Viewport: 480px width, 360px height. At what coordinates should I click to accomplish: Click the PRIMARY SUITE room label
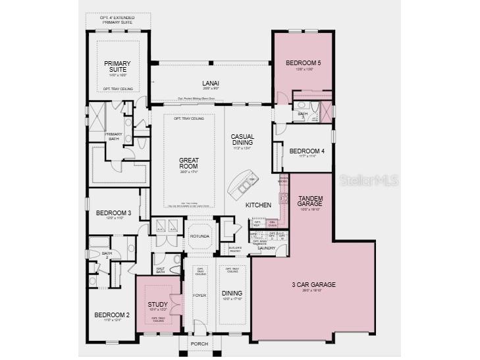pos(118,66)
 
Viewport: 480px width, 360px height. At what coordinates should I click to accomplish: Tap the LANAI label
pos(211,83)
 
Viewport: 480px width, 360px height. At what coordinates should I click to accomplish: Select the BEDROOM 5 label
pos(303,63)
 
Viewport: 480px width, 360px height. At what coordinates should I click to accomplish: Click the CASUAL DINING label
pos(242,140)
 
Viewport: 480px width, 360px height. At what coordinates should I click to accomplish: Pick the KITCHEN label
pos(258,205)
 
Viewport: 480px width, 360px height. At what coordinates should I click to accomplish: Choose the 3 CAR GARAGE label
pos(313,285)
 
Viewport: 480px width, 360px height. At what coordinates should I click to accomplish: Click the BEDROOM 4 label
pos(307,150)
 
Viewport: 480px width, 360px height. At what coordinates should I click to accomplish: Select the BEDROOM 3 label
pos(113,213)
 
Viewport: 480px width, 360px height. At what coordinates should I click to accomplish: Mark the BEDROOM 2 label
pos(111,315)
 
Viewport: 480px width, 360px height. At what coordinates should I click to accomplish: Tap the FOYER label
pos(200,296)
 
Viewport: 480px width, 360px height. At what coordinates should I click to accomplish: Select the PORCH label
pos(200,344)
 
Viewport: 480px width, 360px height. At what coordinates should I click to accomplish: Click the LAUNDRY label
pos(267,247)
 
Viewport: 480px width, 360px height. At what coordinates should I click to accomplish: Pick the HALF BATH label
pos(160,269)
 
